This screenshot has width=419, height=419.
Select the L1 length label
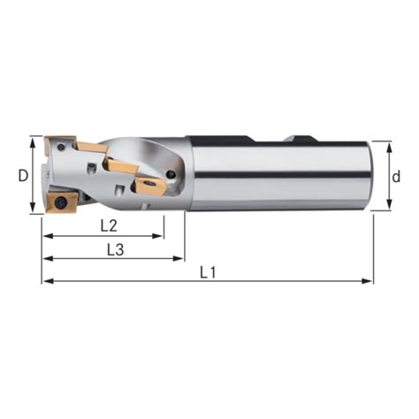coord(208,272)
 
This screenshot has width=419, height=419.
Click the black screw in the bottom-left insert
coord(61,202)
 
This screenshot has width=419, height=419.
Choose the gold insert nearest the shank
coord(148,185)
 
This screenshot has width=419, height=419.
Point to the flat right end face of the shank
coord(369,174)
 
